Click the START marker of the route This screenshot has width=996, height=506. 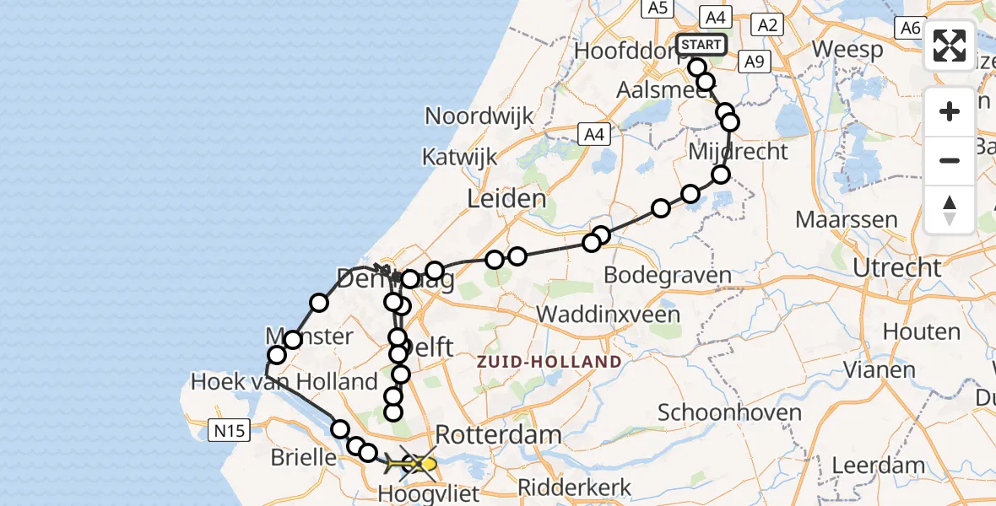pyautogui.click(x=701, y=45)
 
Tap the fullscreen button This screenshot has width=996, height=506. pyautogui.click(x=950, y=46)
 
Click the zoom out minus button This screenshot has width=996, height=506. pyautogui.click(x=950, y=160)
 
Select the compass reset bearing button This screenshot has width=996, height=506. pyautogui.click(x=950, y=210)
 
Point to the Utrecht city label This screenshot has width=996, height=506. pyautogui.click(x=896, y=268)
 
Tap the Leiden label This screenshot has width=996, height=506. pyautogui.click(x=506, y=199)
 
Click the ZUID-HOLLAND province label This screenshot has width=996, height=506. pyautogui.click(x=549, y=362)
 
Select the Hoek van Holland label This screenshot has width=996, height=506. pyautogui.click(x=284, y=381)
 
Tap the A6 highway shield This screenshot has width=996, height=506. pyautogui.click(x=910, y=28)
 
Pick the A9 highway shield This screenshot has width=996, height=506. pyautogui.click(x=753, y=61)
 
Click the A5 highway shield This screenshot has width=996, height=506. pyautogui.click(x=656, y=8)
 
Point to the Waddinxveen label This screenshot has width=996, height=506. pyautogui.click(x=608, y=315)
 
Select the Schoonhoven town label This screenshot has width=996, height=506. pyautogui.click(x=729, y=412)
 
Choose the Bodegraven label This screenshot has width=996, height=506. pyautogui.click(x=668, y=275)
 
